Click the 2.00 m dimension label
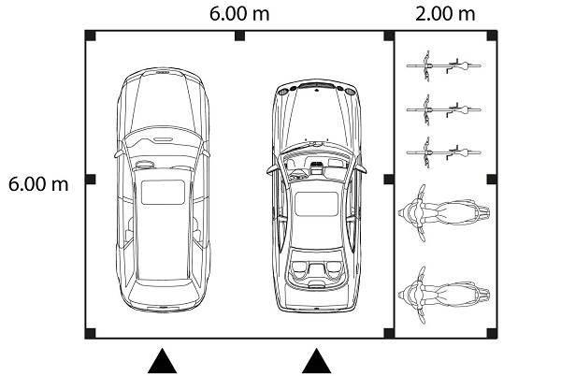click(445, 14)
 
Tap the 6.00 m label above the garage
click(239, 14)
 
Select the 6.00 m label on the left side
click(38, 184)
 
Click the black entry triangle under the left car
click(162, 361)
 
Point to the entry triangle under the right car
click(316, 361)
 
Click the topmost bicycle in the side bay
click(443, 65)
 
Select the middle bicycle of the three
click(443, 109)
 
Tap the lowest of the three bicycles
click(443, 152)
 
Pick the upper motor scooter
click(443, 213)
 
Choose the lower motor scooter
click(443, 296)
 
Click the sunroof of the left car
click(163, 192)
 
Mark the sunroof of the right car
click(316, 204)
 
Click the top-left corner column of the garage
click(90, 36)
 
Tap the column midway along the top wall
click(239, 36)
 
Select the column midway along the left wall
click(90, 180)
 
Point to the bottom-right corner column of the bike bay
click(493, 333)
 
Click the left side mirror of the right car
click(271, 170)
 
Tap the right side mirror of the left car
click(207, 152)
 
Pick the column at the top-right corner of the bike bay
click(493, 36)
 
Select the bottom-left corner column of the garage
click(90, 333)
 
